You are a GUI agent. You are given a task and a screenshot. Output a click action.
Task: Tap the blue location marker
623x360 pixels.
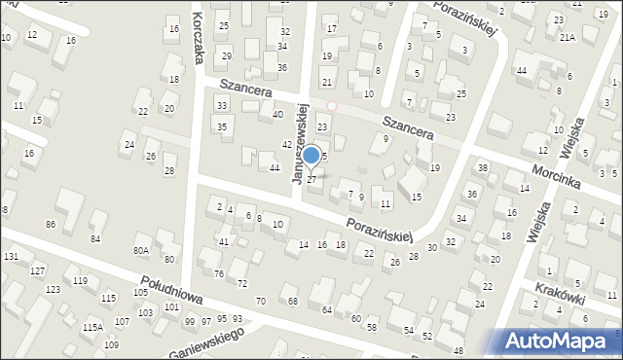[x=311, y=155]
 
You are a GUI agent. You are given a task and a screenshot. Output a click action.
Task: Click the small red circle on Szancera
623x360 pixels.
[x=331, y=105]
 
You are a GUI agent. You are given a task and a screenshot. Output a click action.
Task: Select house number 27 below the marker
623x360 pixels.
[x=311, y=180]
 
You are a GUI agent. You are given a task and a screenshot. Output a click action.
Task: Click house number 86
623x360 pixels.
[x=51, y=225]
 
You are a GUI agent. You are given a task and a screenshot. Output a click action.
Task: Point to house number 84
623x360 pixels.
[x=95, y=238]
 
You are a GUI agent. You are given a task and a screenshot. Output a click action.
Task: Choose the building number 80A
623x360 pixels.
[x=141, y=250]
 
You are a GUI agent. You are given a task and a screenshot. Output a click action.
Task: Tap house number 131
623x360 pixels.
[x=11, y=257]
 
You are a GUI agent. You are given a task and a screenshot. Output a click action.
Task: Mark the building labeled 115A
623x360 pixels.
[x=92, y=328]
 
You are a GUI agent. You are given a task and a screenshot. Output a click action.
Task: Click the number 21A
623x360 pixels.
[x=568, y=37]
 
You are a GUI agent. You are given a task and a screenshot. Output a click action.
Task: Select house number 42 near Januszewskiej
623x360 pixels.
[x=287, y=144]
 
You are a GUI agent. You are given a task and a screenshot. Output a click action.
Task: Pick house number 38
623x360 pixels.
[x=482, y=168]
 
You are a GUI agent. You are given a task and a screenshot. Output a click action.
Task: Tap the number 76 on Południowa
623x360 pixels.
[x=219, y=273]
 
